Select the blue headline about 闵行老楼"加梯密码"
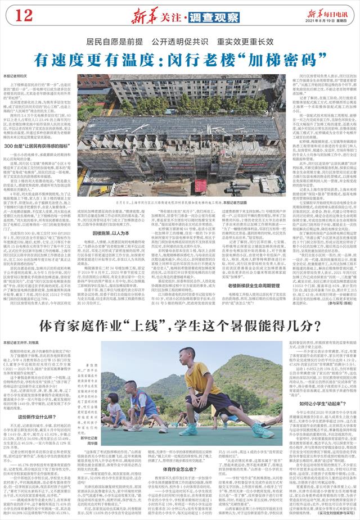(179, 57)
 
